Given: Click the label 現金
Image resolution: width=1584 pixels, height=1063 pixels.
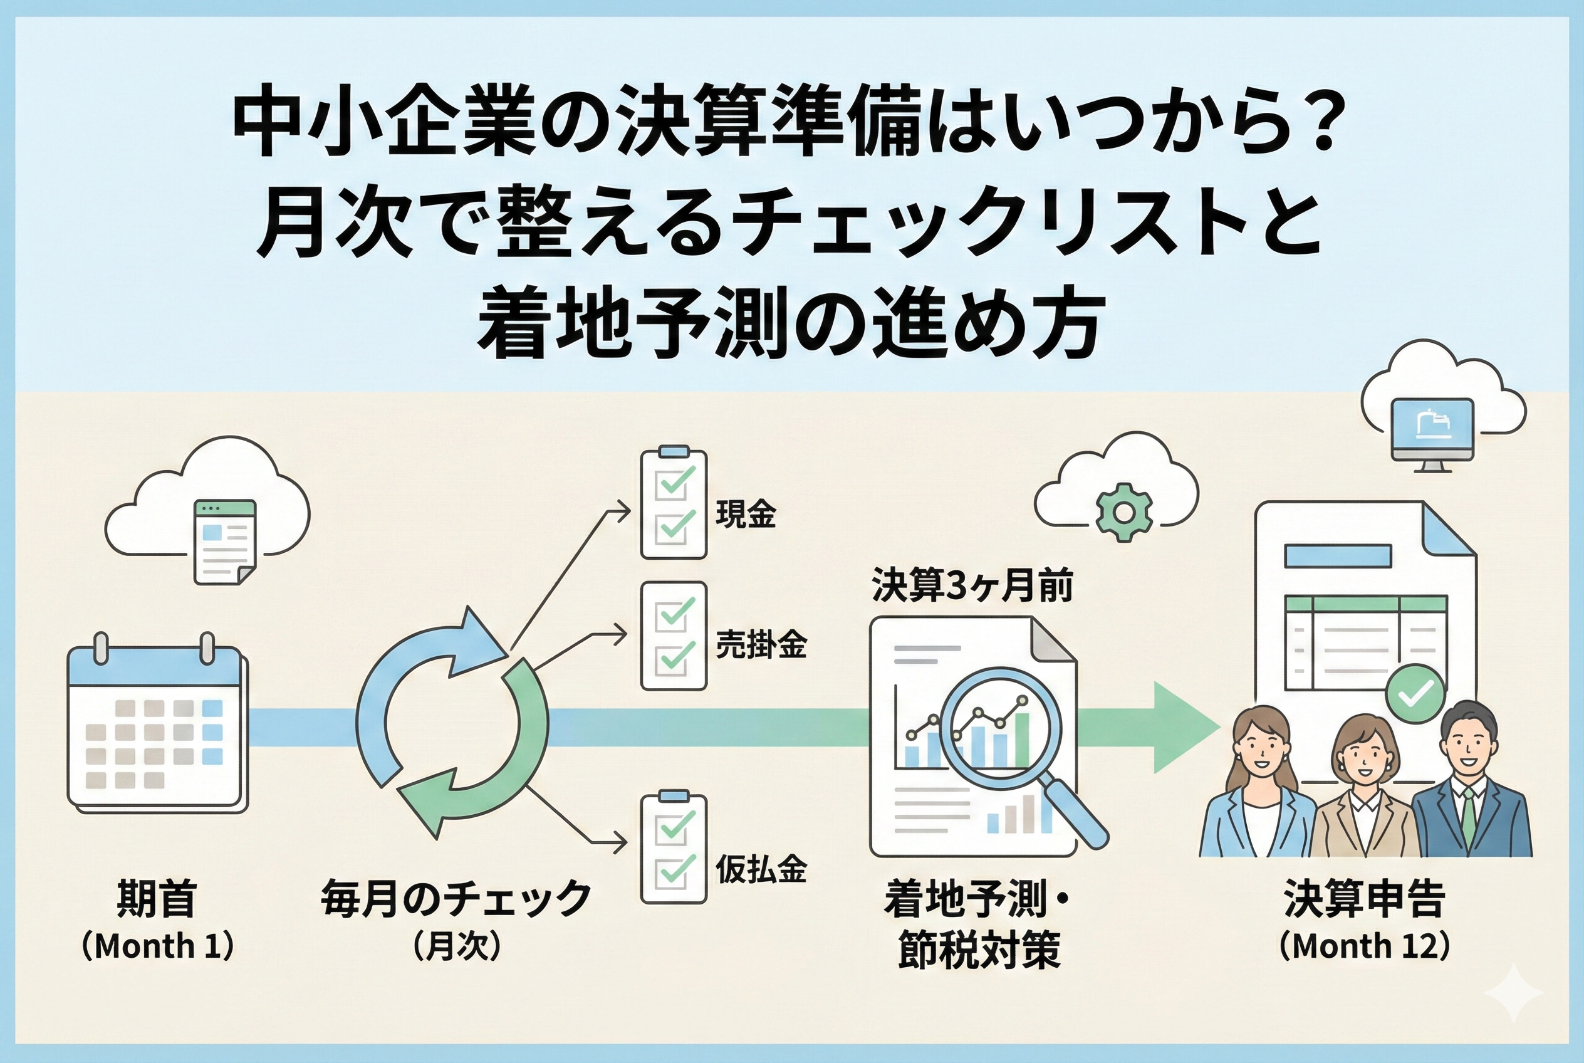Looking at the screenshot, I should (746, 515).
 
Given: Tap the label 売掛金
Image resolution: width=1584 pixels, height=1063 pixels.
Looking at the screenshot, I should (761, 646).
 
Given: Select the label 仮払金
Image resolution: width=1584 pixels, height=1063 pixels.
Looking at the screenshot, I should (761, 869).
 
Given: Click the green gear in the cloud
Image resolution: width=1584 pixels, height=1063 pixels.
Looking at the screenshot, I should (1123, 513).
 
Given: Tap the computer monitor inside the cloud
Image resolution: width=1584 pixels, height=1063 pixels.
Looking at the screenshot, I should (1431, 432).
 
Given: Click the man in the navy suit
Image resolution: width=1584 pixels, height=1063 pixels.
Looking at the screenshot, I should (1470, 787).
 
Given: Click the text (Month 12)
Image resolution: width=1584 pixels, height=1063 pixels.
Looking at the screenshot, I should (1363, 946).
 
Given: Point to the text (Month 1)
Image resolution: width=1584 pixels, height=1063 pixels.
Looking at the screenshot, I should (157, 946).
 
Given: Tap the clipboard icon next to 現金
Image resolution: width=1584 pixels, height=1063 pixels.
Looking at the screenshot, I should (673, 503).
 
